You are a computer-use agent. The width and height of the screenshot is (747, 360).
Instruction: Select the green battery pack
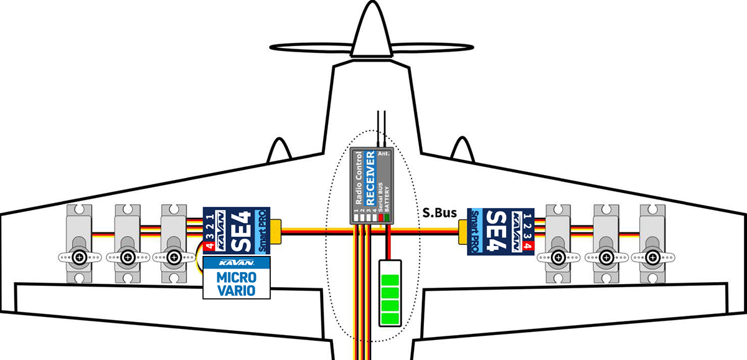coord(390,293)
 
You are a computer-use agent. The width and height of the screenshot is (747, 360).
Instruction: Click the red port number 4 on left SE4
coord(210,246)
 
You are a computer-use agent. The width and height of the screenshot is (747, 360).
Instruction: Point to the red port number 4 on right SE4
coord(529,246)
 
